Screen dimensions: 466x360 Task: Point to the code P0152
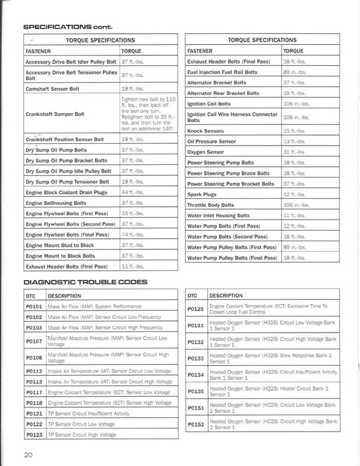[196, 425]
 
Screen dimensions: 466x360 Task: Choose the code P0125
[196, 308]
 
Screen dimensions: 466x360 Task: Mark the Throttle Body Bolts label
[210, 205]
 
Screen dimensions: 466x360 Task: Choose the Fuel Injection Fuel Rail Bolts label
[223, 72]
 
